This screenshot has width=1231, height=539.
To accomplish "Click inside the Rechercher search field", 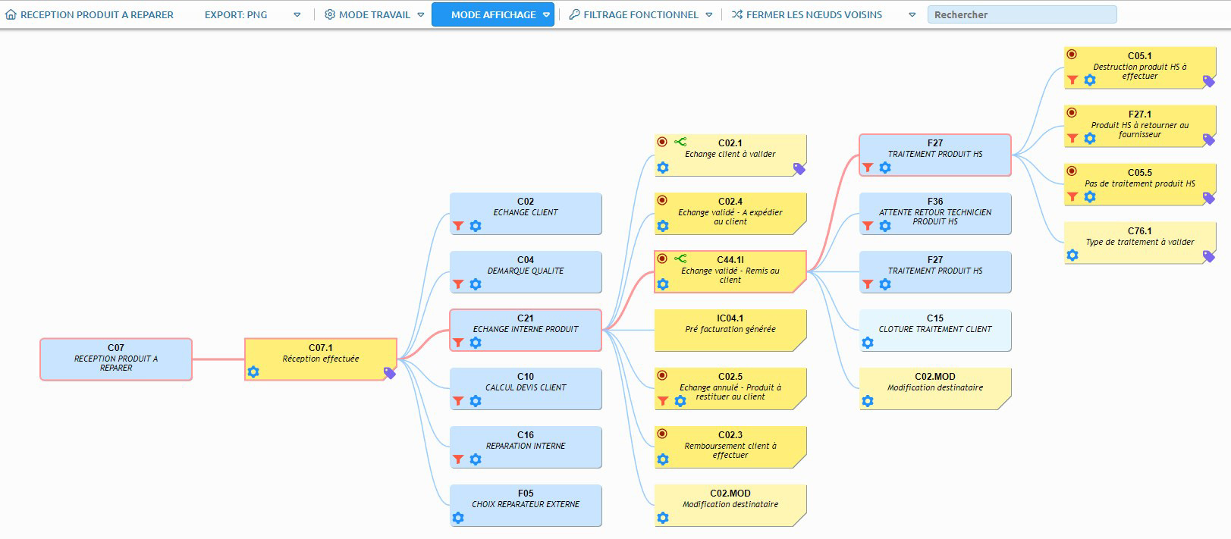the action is [x=1022, y=15].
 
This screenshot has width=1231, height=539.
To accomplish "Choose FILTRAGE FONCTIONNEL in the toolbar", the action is [x=640, y=15].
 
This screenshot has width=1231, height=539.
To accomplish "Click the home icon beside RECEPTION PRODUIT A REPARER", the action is [x=11, y=14].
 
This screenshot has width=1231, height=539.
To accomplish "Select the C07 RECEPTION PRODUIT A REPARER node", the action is [x=116, y=359].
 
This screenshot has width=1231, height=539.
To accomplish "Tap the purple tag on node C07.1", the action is [x=390, y=373].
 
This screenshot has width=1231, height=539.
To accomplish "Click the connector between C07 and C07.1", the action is [x=218, y=359].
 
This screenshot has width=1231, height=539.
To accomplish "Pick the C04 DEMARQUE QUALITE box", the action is [x=526, y=272].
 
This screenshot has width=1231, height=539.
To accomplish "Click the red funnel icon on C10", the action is [x=458, y=401].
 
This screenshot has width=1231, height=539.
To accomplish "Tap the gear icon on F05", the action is [x=458, y=518].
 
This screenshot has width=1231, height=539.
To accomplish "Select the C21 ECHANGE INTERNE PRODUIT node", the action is [x=526, y=331].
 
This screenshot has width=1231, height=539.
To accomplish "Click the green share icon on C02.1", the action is [x=680, y=142].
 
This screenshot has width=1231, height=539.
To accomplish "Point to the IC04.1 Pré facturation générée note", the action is [x=730, y=331].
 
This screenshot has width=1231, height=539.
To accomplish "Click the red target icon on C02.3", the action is [x=662, y=434].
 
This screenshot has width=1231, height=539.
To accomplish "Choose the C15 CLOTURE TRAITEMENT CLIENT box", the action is [x=934, y=331].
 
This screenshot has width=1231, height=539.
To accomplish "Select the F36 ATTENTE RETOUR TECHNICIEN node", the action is [x=934, y=214].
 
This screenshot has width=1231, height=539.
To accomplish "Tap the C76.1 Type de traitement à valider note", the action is [x=1140, y=243].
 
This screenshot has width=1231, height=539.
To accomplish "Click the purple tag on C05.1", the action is [x=1208, y=82].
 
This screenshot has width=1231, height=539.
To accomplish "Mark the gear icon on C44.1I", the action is [x=663, y=284].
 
